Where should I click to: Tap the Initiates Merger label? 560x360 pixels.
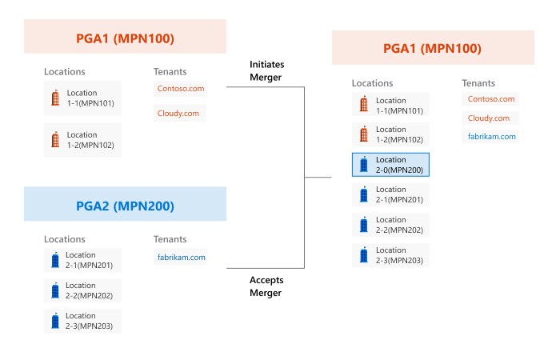tap(266, 70)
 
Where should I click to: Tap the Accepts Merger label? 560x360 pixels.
tap(266, 286)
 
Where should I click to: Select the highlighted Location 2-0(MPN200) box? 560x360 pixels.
tap(390, 165)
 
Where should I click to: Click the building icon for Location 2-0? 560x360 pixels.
tap(363, 164)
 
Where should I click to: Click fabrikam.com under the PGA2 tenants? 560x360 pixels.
tap(181, 257)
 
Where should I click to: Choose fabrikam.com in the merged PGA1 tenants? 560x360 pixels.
tap(491, 137)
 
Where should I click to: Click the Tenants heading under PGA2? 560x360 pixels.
tap(170, 239)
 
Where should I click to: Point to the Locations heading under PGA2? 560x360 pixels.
tap(65, 239)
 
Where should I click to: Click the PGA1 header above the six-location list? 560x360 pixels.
tap(433, 47)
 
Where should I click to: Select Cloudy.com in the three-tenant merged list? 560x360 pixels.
tap(489, 118)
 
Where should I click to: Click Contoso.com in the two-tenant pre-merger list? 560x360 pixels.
tap(181, 89)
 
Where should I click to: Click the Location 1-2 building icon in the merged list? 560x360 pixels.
tap(363, 134)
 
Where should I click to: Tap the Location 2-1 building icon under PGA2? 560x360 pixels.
tap(55, 260)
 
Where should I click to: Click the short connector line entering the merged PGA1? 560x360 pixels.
tap(318, 177)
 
